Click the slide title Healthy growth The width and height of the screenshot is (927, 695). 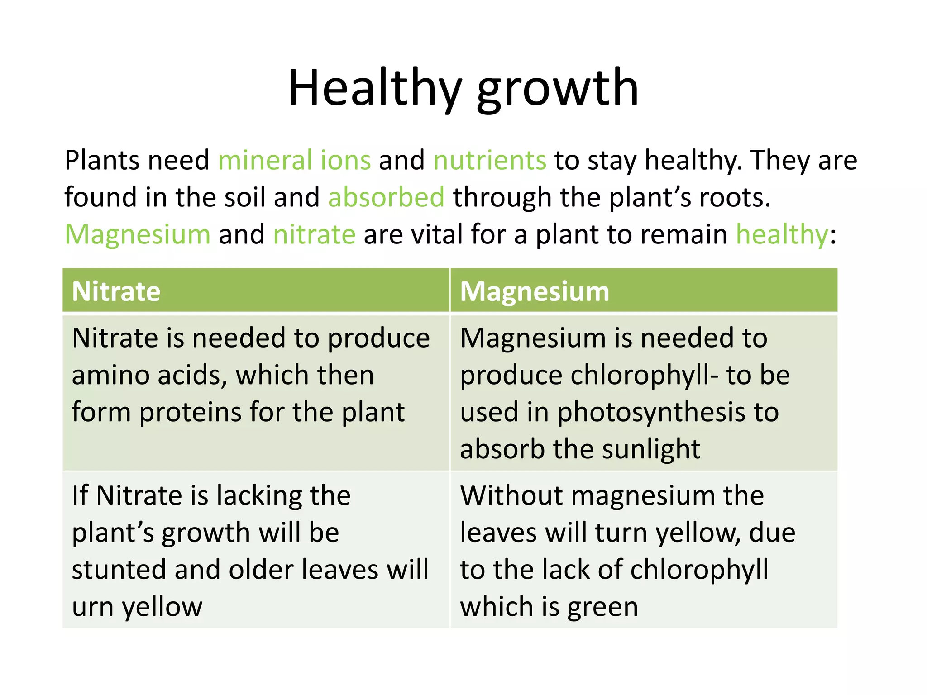(x=463, y=88)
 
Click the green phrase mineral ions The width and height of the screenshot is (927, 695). (x=294, y=160)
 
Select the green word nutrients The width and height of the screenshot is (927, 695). (x=490, y=160)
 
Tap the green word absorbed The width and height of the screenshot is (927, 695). (x=386, y=198)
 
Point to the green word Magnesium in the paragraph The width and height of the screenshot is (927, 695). (x=138, y=235)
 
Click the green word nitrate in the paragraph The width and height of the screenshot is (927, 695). (x=314, y=235)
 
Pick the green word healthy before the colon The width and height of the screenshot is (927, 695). (x=782, y=235)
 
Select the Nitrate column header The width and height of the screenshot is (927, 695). (x=116, y=291)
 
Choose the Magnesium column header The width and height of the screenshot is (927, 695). (x=535, y=291)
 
